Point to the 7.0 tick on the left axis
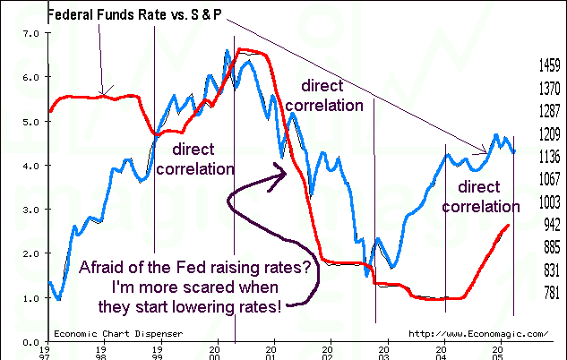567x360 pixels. (x=30, y=33)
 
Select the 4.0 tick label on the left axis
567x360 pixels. (x=30, y=166)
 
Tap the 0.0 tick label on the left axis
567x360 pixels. (x=30, y=342)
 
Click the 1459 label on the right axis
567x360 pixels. (x=550, y=66)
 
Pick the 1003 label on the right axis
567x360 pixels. (x=550, y=202)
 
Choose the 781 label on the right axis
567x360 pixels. (x=550, y=293)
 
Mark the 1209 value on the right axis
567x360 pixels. (x=550, y=134)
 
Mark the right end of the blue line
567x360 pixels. (x=514, y=152)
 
